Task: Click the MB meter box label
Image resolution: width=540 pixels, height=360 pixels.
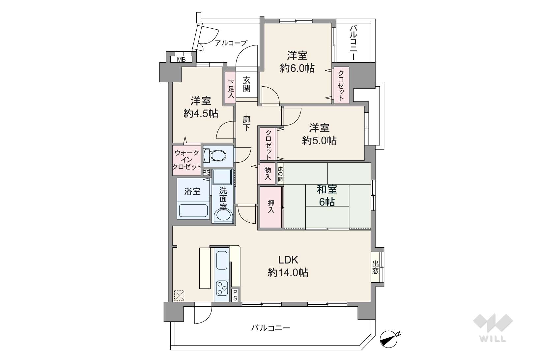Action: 181,60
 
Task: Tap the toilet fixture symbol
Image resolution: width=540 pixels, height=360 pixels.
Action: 215,155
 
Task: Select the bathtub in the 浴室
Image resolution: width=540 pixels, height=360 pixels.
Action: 193,210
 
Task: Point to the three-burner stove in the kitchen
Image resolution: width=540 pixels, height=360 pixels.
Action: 221,288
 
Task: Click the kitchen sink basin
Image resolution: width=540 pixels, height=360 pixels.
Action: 222,260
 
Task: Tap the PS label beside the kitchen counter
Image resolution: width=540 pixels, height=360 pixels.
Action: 235,295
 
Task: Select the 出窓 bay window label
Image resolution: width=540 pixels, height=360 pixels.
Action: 375,267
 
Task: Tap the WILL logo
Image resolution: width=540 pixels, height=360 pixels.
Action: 493,327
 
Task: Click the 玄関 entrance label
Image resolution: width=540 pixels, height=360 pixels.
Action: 246,84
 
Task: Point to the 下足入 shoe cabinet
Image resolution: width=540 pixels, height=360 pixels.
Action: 231,88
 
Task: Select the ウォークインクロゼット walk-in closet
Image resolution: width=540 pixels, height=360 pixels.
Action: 187,160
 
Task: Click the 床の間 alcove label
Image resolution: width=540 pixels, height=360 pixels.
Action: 280,174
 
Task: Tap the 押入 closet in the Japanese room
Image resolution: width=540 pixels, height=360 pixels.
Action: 271,207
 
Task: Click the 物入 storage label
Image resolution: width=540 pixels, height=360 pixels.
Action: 268,174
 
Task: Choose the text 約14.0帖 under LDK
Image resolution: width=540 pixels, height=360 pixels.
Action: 288,272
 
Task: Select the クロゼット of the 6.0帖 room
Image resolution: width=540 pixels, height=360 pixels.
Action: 341,85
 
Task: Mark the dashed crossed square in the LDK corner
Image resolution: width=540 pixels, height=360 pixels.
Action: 179,295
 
